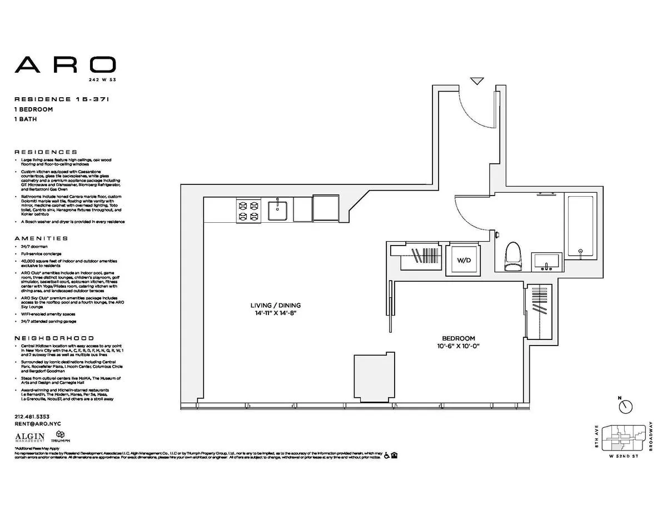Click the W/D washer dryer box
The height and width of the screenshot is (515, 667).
click(463, 259)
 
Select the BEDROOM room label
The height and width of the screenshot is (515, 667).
click(458, 338)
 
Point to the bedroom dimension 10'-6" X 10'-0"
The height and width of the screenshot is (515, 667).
click(458, 346)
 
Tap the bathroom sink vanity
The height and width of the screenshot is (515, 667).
click(547, 261)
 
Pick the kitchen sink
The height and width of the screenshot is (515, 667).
click(277, 210)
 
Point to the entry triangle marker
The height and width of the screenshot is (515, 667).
click(476, 81)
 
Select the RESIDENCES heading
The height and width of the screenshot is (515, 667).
click(46, 152)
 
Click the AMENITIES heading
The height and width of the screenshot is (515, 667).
click(41, 238)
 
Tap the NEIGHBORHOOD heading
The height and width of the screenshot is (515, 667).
click(54, 338)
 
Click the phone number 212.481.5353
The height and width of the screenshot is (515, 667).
click(32, 417)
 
